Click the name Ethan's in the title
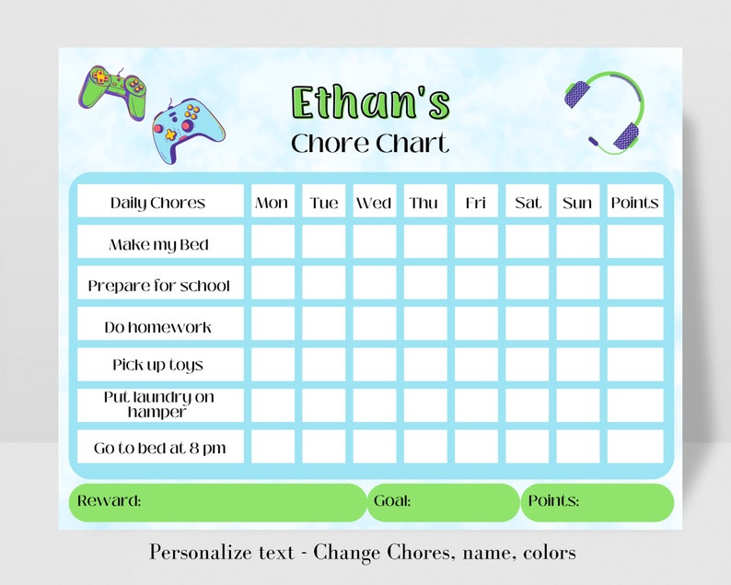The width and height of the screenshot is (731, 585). pyautogui.click(x=370, y=103)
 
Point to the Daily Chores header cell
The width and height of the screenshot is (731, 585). pyautogui.click(x=158, y=203)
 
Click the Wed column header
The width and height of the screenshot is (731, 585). pyautogui.click(x=374, y=203)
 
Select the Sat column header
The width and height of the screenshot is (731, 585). pyautogui.click(x=528, y=203)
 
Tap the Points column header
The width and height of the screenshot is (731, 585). pyautogui.click(x=634, y=203)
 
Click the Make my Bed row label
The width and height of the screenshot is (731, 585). pyautogui.click(x=158, y=244)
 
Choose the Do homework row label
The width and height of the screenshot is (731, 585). pyautogui.click(x=158, y=327)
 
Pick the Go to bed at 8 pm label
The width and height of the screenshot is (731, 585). pyautogui.click(x=158, y=449)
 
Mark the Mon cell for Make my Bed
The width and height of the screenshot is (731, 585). pyautogui.click(x=273, y=243)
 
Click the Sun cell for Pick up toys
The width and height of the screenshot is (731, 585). pyautogui.click(x=577, y=365)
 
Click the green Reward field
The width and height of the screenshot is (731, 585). pyautogui.click(x=217, y=502)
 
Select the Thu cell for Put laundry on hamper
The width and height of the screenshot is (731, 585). pyautogui.click(x=424, y=405)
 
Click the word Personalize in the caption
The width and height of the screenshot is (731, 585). pyautogui.click(x=196, y=553)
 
